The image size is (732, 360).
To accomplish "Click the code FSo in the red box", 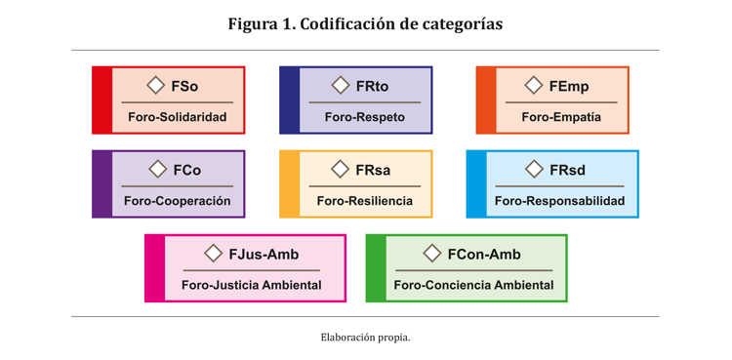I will (x=184, y=87).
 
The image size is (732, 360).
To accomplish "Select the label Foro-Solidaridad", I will (x=177, y=118).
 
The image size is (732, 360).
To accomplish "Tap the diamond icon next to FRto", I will (x=340, y=86).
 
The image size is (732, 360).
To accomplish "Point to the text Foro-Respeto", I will (x=365, y=118).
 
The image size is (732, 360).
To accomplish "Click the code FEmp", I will (x=569, y=87).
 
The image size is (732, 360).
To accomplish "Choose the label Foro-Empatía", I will (x=561, y=118).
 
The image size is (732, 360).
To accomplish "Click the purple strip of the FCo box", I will (x=102, y=184).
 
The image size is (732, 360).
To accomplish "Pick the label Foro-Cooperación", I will (x=178, y=202).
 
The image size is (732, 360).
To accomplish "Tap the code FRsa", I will (x=373, y=171).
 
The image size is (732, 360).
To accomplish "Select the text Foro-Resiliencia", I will (x=365, y=202).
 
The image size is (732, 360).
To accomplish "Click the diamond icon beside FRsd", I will (x=533, y=170).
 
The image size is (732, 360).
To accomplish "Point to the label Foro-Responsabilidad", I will (x=559, y=202).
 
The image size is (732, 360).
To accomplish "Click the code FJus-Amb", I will (x=264, y=255).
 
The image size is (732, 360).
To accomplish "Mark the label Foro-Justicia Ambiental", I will (x=251, y=286).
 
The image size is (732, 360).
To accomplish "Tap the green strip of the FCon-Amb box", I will (x=376, y=268).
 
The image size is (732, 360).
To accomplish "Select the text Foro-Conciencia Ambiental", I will (x=473, y=286).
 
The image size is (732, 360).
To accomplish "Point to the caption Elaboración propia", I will (x=365, y=338).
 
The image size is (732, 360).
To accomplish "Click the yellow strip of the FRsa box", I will (x=289, y=184).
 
